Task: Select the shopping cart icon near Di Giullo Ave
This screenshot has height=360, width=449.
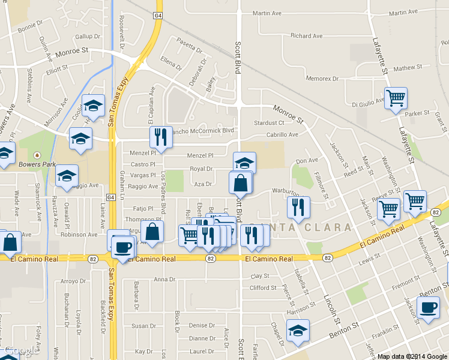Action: (396, 97)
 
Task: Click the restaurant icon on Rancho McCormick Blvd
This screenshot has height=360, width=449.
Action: (160, 137)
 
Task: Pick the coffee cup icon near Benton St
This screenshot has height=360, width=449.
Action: (428, 308)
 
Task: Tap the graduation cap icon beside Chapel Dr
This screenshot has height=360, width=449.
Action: (298, 331)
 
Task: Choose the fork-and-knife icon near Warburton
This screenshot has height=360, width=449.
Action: (298, 208)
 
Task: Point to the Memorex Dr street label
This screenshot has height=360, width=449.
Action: (322, 79)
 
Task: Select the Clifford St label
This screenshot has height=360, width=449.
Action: (263, 288)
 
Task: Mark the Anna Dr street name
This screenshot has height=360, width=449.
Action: (164, 280)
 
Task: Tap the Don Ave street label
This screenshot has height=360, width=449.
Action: (306, 160)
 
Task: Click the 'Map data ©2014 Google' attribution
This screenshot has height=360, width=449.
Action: (412, 356)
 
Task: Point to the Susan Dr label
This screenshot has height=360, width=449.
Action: (143, 326)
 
